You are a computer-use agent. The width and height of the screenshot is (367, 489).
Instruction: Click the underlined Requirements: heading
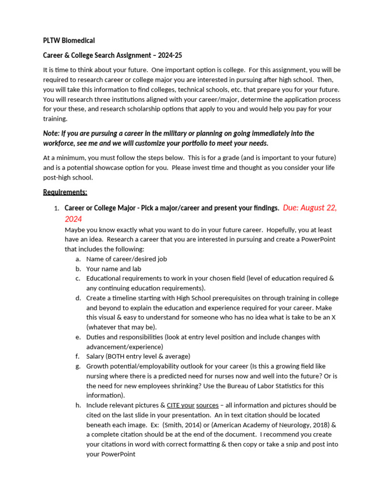coord(65,192)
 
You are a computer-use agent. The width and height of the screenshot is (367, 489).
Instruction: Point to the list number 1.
coord(56,208)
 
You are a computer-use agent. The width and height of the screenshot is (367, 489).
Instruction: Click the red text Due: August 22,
coord(310,208)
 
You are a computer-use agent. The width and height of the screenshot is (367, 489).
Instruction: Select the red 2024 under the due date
coord(74,219)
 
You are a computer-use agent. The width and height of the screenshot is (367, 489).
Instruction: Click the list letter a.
coord(77,259)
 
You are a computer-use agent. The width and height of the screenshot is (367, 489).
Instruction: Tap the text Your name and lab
coord(113,268)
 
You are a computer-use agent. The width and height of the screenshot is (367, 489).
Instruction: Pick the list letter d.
coord(77,298)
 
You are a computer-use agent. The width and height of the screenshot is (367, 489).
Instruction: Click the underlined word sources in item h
coord(207,405)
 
